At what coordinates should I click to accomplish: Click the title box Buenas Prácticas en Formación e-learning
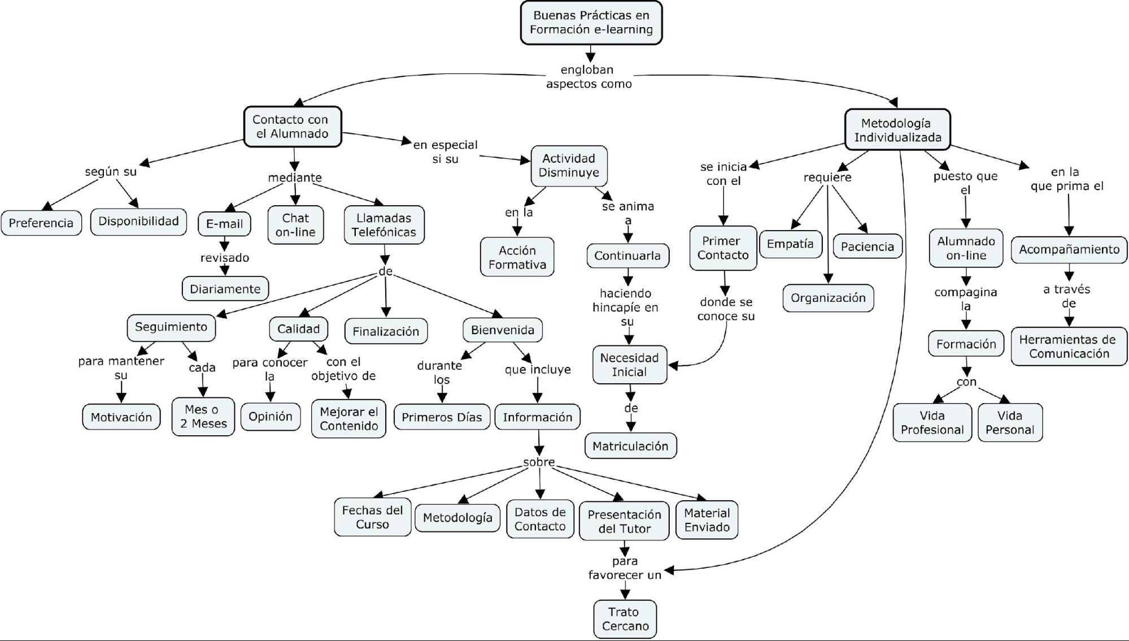[x=591, y=23]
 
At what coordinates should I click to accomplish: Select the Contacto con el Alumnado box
[x=293, y=127]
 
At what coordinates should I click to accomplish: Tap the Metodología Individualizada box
[x=897, y=130]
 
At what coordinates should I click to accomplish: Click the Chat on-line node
[x=295, y=225]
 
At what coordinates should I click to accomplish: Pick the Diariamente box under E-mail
[x=225, y=289]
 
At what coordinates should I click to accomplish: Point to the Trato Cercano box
[x=625, y=619]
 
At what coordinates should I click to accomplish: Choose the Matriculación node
[x=630, y=446]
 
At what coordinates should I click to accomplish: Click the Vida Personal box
[x=1009, y=422]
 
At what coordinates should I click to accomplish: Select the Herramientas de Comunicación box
[x=1068, y=347]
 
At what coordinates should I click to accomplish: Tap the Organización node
[x=828, y=298]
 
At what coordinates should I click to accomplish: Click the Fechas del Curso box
[x=372, y=517]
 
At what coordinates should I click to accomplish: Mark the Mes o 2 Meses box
[x=203, y=417]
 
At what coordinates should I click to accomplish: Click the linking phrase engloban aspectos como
[x=589, y=77]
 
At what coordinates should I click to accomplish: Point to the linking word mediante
[x=294, y=177]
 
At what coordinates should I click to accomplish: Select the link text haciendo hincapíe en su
[x=625, y=307]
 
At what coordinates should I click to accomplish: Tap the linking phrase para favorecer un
[x=625, y=568]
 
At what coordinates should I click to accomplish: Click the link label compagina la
[x=966, y=299]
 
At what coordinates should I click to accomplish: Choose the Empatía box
[x=790, y=244]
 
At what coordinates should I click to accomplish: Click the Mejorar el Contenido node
[x=348, y=419]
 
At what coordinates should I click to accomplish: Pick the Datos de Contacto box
[x=540, y=519]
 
